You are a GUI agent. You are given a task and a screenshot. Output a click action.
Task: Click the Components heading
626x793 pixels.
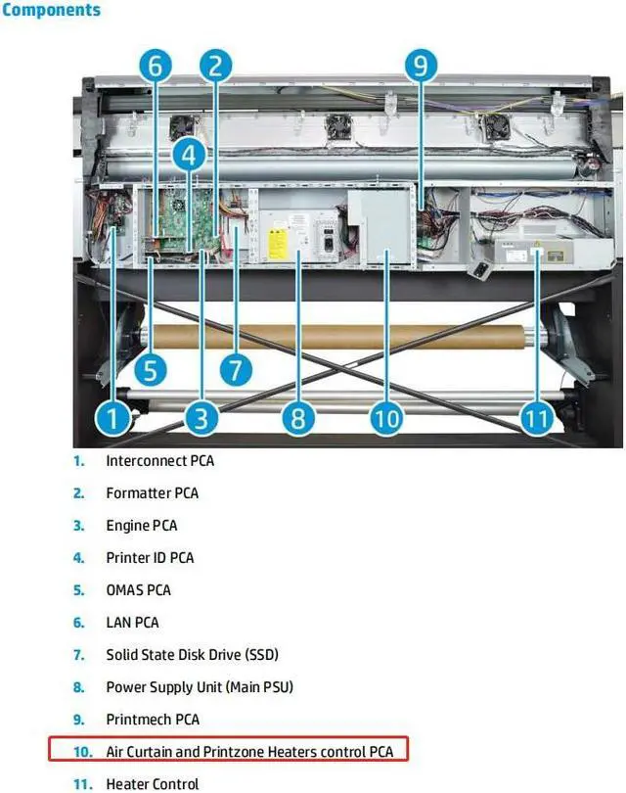51,11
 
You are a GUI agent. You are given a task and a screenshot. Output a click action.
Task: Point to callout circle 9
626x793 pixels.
420,67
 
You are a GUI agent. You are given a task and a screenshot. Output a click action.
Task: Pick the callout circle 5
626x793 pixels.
151,370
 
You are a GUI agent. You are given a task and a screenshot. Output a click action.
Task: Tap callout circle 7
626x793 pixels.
235,370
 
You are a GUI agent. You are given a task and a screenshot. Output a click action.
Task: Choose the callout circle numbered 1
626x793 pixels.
113,419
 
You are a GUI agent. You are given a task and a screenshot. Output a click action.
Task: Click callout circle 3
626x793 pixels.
201,419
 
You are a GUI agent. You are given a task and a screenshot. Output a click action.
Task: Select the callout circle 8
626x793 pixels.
297,419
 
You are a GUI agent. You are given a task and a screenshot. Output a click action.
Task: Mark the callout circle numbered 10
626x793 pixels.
387,419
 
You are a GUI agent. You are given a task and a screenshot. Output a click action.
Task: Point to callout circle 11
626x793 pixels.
536,419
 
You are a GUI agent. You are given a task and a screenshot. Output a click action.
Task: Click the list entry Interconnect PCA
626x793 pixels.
159,460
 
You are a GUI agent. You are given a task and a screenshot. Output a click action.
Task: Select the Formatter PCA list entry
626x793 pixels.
152,492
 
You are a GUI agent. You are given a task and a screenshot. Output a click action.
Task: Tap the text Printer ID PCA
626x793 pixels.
150,557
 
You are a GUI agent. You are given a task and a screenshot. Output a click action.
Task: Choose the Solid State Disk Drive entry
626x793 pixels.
199,654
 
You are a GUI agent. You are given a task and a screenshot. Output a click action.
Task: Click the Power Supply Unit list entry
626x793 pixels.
200,686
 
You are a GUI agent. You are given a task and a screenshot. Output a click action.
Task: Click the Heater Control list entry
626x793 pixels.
152,783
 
